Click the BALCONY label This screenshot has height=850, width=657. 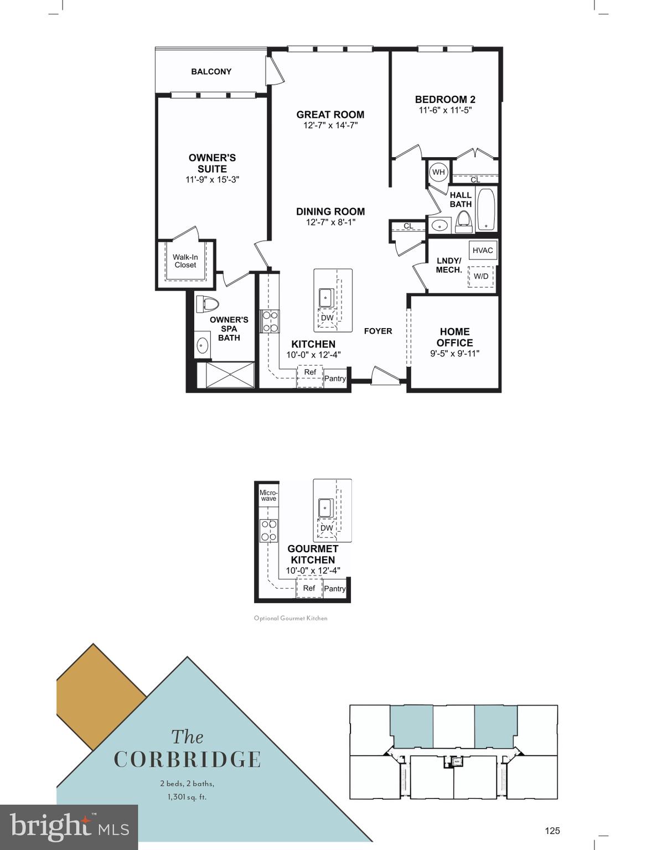pos(211,71)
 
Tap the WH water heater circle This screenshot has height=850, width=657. pos(438,172)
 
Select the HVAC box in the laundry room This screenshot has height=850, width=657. pos(482,250)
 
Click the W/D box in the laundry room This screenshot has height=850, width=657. pos(480,276)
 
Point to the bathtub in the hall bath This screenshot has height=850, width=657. pos(487,209)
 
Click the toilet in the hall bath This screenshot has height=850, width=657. pos(463,222)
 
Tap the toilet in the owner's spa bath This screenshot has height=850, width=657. pos(209,304)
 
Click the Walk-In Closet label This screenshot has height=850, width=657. pos(185,261)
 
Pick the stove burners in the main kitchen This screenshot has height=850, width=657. pos(270,322)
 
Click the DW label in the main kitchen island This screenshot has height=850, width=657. pos(327,318)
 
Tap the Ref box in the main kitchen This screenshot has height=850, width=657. pos(310,372)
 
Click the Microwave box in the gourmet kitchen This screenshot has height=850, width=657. pos(268,495)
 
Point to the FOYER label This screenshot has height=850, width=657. pos(378,331)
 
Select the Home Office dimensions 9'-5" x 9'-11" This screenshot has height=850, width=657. pos(454,353)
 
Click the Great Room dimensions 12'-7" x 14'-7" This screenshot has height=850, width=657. pos(330,126)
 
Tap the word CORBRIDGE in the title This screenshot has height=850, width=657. pos(187,759)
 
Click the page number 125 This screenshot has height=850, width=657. pos(552,830)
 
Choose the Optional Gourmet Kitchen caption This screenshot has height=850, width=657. pos(291,618)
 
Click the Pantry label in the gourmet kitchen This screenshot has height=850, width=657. pos(335,588)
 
